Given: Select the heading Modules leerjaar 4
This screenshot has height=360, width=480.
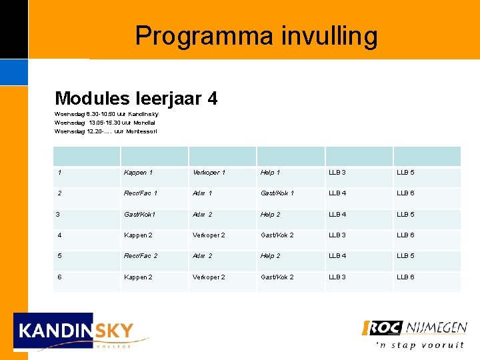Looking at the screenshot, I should pos(136,99).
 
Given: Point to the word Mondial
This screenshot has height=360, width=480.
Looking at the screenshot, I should pos(145,123).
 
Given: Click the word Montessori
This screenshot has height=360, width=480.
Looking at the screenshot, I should pos(142,131).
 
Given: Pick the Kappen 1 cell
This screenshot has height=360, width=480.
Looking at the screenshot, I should pos(138,173).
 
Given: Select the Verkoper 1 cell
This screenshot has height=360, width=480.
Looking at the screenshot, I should pos(209,173).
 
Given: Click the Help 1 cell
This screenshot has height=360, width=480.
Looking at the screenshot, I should pos(270,173).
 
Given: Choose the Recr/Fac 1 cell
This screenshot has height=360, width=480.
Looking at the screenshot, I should pos(141,193).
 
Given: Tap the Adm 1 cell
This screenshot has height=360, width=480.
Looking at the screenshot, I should pos(202,193).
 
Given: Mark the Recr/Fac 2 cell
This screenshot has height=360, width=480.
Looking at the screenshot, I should pos(141,256).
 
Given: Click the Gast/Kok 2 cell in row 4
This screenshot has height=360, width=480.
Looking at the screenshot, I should pos(277,235).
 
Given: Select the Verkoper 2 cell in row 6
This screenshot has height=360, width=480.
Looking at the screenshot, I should pos(209,277).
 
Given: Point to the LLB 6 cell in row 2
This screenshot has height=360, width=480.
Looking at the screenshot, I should pos(405,193).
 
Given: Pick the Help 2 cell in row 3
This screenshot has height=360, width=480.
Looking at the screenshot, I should pos(270,215).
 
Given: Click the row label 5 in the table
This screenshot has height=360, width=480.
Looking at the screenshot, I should pos(60,256).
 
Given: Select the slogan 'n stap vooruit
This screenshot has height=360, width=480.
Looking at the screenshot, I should pos(419,345).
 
